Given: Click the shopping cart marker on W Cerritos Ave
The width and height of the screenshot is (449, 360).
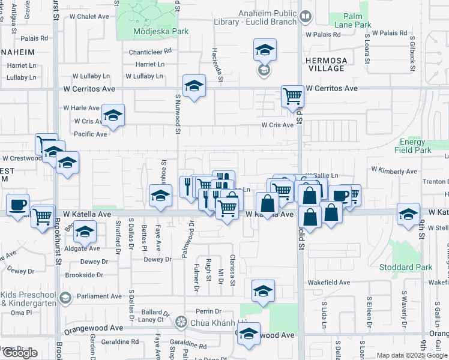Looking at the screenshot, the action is pyautogui.click(x=292, y=96).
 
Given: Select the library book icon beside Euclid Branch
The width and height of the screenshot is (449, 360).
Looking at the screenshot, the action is pyautogui.click(x=306, y=17).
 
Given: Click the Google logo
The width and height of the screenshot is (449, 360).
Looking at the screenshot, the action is pyautogui.click(x=20, y=353).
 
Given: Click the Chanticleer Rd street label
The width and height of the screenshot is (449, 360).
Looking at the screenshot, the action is pyautogui.click(x=149, y=52).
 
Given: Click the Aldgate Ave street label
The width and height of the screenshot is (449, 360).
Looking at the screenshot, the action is pyautogui.click(x=82, y=248).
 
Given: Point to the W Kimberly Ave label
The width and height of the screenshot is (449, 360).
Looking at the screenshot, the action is pyautogui.click(x=394, y=171).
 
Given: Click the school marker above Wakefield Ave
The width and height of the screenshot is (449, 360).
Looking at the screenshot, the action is pyautogui.click(x=263, y=292).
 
